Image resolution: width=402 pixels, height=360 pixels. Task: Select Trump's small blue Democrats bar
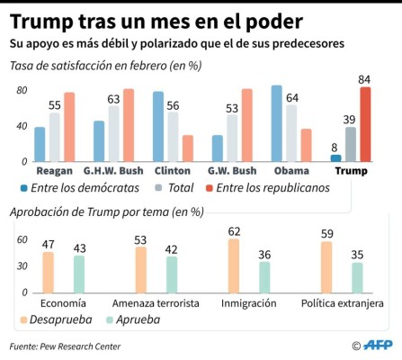coord(336,157)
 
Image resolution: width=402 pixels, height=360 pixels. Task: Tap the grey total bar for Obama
coord(291,133)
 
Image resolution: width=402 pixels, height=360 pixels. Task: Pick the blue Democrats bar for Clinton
coord(158,126)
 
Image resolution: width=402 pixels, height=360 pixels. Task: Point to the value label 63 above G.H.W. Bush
coord(113,99)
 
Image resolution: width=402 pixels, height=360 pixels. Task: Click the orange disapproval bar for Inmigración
coord(235,265)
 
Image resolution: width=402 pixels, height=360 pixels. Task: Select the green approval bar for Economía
coord(78,274)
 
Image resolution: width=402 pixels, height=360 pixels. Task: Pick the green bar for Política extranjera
coord(358,277)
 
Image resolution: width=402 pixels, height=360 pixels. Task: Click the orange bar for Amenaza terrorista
coord(141,269)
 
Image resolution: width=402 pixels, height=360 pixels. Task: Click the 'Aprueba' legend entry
coord(133,319)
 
